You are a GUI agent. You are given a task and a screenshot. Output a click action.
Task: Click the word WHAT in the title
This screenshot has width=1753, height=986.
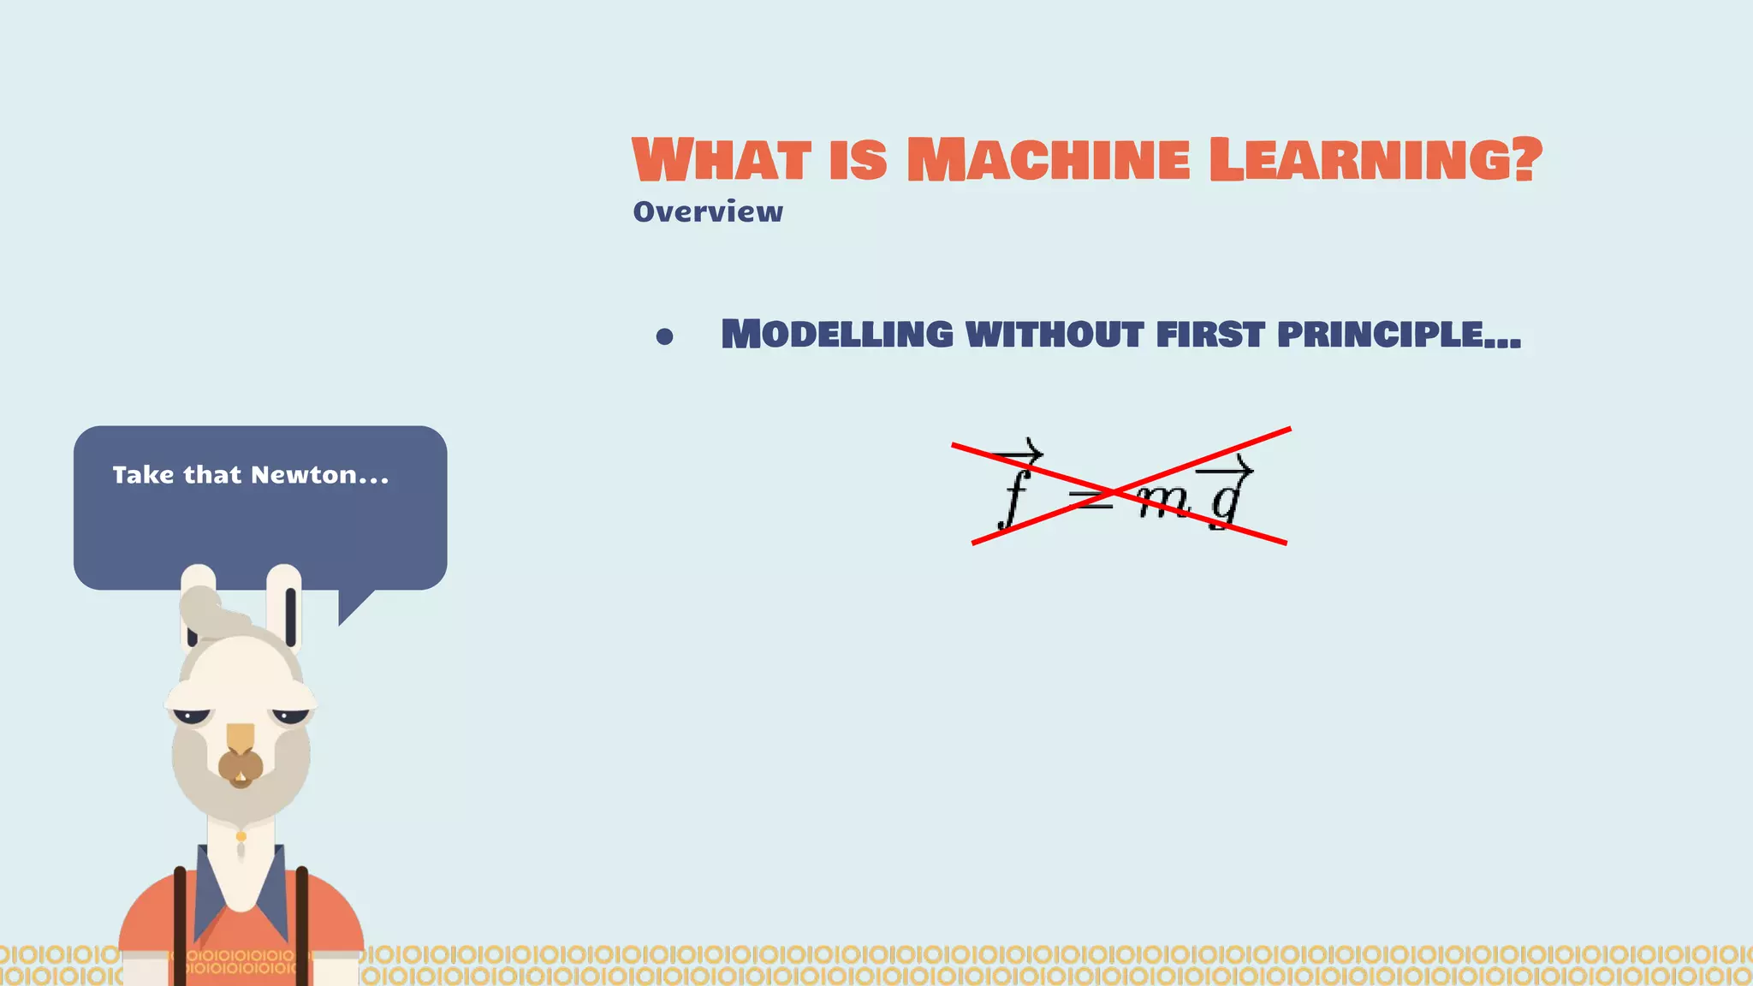tap(722, 160)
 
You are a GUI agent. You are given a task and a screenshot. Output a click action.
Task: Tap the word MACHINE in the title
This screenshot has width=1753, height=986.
tap(1048, 160)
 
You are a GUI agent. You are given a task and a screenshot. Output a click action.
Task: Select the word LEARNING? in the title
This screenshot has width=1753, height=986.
tap(1376, 160)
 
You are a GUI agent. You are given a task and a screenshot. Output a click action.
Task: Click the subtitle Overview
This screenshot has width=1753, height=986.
tap(708, 211)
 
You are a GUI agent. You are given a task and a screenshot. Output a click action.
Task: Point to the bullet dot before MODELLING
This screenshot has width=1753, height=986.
tap(664, 337)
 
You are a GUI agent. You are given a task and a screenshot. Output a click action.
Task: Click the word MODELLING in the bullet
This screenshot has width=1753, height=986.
tap(837, 334)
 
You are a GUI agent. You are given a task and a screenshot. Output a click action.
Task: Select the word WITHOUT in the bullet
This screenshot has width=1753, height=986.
tap(1055, 334)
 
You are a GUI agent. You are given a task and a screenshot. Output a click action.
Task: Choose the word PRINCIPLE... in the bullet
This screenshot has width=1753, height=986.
tap(1399, 334)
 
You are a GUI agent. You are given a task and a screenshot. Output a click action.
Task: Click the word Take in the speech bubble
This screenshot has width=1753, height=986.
tap(143, 475)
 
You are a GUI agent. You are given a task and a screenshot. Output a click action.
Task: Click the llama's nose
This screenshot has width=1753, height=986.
tap(241, 764)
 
